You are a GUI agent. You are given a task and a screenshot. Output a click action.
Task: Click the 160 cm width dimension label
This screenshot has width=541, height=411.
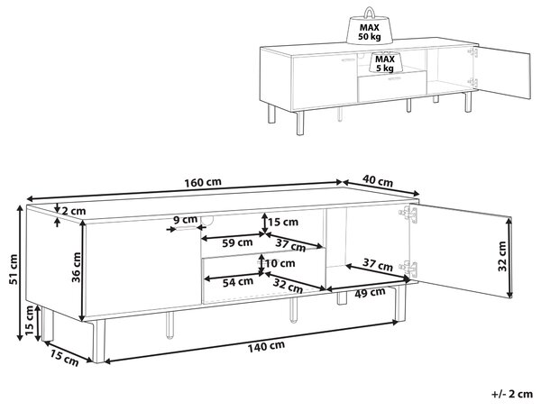click(x=203, y=182)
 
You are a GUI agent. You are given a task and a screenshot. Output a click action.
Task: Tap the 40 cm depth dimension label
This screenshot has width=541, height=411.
click(x=378, y=180)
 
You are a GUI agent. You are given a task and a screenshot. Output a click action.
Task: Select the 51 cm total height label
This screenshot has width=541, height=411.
click(x=14, y=269)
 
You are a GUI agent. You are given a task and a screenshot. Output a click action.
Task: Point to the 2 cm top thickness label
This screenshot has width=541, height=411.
click(x=73, y=211)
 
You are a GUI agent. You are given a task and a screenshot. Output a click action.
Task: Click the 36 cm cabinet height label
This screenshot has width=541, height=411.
click(x=77, y=267)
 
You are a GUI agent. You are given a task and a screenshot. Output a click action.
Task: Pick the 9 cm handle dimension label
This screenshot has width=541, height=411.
click(x=185, y=220)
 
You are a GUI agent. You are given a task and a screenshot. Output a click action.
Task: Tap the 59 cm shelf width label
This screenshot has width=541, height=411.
click(x=237, y=242)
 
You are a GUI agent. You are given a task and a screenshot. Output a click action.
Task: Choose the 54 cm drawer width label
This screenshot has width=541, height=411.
click(x=238, y=282)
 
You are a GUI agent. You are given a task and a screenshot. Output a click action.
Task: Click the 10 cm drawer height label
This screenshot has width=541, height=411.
click(x=280, y=263)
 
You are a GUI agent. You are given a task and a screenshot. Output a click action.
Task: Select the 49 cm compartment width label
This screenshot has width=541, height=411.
click(x=370, y=293)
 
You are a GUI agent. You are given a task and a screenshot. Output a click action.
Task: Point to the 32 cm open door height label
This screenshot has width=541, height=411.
click(x=502, y=257)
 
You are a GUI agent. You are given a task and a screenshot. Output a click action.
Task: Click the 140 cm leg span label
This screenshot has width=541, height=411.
click(x=266, y=346)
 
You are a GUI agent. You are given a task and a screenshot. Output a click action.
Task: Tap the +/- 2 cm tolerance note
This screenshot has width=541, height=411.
click(x=512, y=394)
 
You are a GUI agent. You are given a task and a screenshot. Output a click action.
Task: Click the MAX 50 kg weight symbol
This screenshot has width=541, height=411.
click(x=370, y=27)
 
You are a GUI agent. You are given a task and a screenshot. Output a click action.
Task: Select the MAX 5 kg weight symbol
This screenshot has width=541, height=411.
click(x=385, y=62)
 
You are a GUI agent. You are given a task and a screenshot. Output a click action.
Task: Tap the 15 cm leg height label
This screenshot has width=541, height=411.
click(x=30, y=321)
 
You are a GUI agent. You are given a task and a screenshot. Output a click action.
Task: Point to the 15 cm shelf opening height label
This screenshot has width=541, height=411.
click(x=283, y=222)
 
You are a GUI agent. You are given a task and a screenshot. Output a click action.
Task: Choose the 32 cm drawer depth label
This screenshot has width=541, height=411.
click(x=288, y=286)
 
